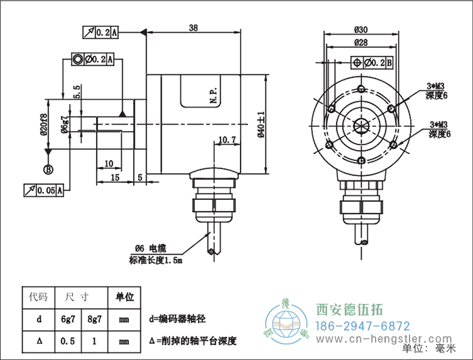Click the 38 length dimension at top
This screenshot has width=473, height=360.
(193, 28)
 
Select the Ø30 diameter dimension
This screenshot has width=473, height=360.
(360, 29)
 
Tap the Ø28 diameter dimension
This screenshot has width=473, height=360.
(360, 43)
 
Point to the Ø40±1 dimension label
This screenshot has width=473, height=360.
(262, 124)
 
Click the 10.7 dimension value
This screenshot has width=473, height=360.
(227, 140)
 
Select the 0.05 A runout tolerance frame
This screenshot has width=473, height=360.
(45, 191)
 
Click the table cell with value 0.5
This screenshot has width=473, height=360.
(68, 342)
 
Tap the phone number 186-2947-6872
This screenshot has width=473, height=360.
(363, 325)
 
